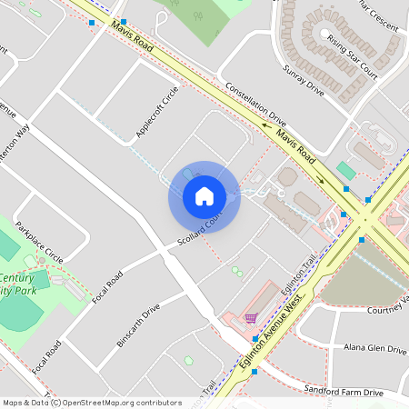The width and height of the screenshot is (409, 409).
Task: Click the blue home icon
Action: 204,196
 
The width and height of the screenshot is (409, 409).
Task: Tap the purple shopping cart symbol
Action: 250,318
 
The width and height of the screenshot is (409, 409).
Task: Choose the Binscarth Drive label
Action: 138,320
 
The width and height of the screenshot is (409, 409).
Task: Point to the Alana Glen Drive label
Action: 374,348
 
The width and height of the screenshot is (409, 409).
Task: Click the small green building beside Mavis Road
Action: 345,170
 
